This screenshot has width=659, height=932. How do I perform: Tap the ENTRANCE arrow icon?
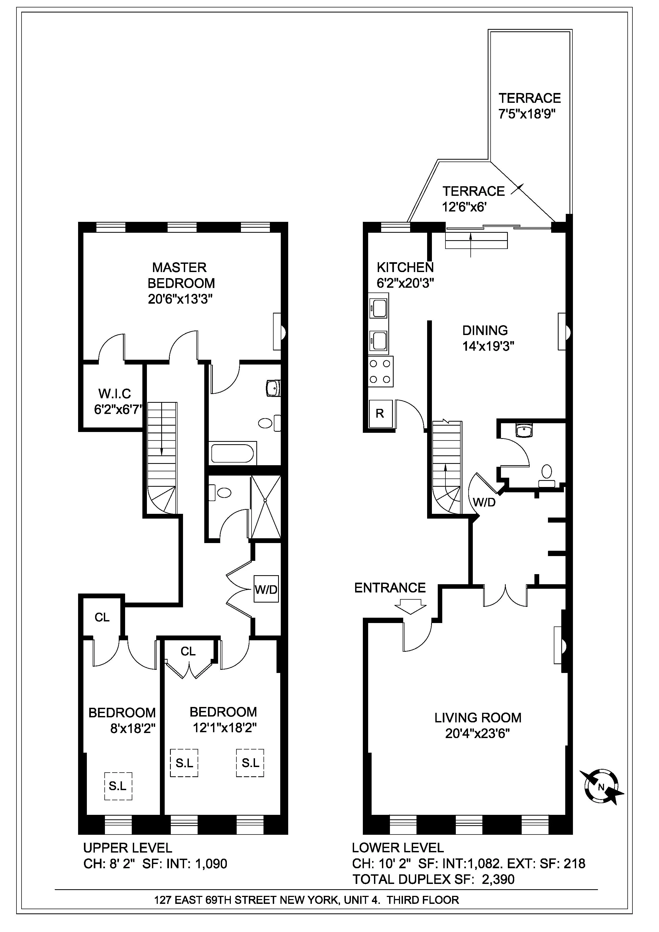click(411, 608)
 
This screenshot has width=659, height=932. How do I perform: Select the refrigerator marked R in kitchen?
click(380, 414)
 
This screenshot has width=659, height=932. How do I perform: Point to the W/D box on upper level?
click(266, 589)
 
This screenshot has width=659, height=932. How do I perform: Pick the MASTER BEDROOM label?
click(181, 275)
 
